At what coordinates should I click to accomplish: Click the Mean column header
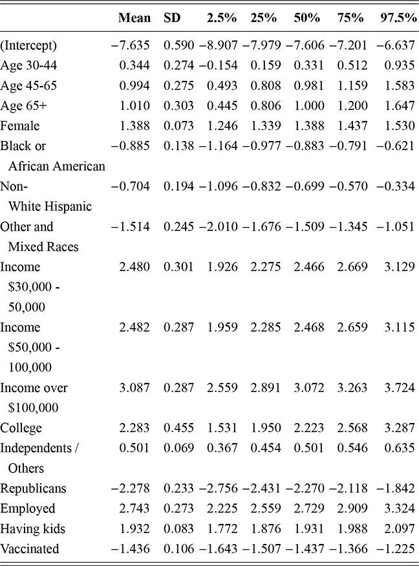pos(134,18)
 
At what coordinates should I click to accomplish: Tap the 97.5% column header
pos(396,18)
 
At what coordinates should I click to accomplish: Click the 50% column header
pos(307,18)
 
